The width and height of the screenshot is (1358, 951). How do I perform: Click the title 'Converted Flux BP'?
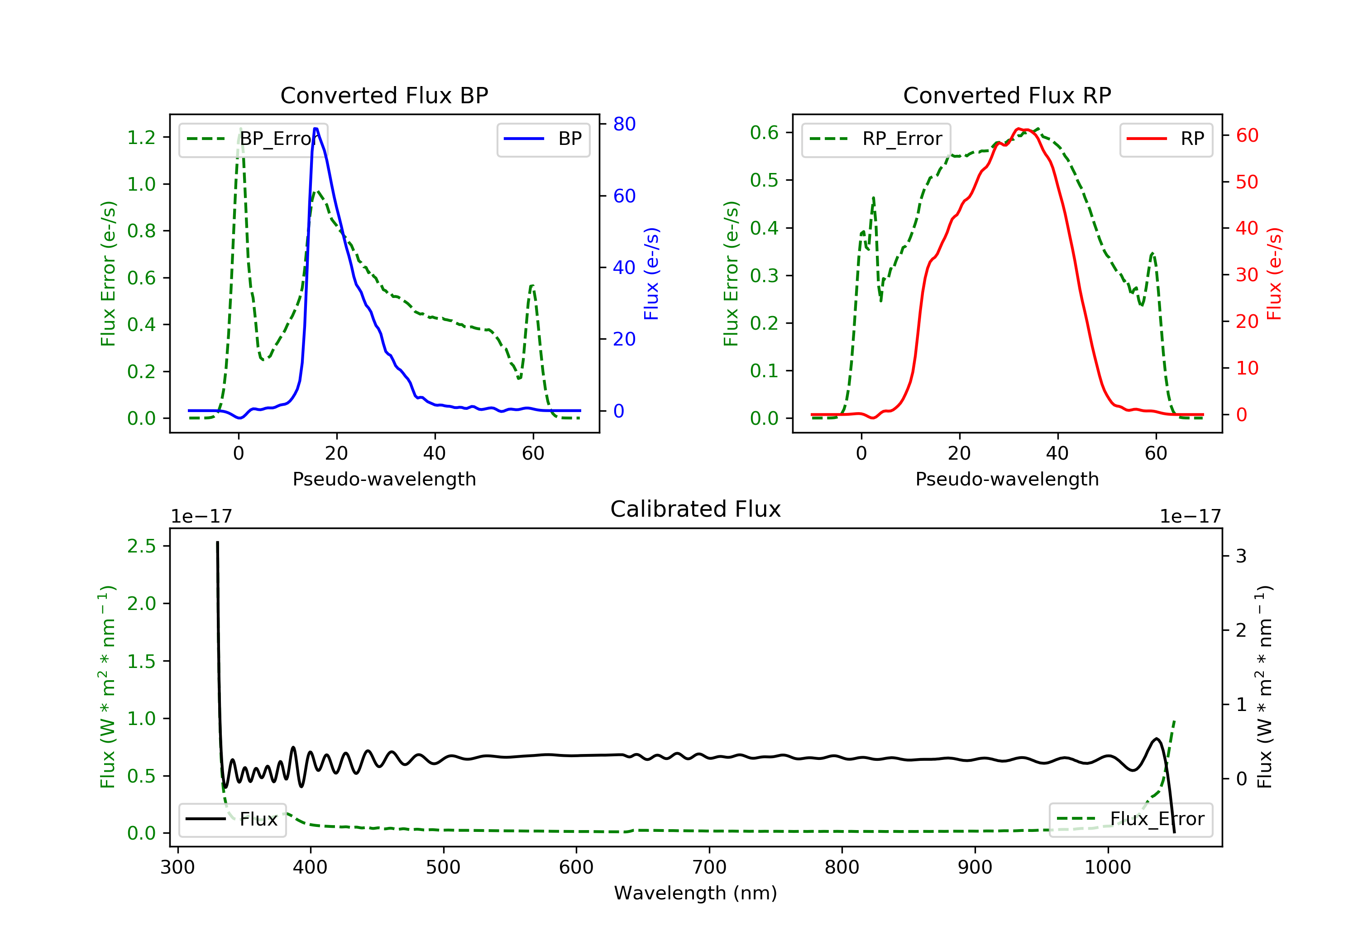pos(384,95)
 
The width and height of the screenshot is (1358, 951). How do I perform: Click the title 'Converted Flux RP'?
pos(1007,95)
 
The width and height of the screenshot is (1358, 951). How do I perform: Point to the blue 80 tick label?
pos(624,124)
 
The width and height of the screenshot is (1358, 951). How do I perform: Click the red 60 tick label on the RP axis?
pos(1247,135)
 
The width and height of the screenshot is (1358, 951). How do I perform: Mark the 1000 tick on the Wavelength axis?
pos(1107,868)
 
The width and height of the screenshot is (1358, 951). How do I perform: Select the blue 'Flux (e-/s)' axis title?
pos(651,274)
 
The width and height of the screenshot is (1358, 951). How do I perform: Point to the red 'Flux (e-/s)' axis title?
pos(1274,274)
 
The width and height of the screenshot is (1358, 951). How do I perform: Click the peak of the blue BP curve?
pos(316,129)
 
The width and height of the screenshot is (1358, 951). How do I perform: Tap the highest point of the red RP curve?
pos(1018,129)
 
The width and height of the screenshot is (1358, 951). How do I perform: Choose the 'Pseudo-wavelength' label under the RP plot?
pos(1007,479)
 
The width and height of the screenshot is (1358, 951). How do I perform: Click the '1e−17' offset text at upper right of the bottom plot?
pos(1190,516)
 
